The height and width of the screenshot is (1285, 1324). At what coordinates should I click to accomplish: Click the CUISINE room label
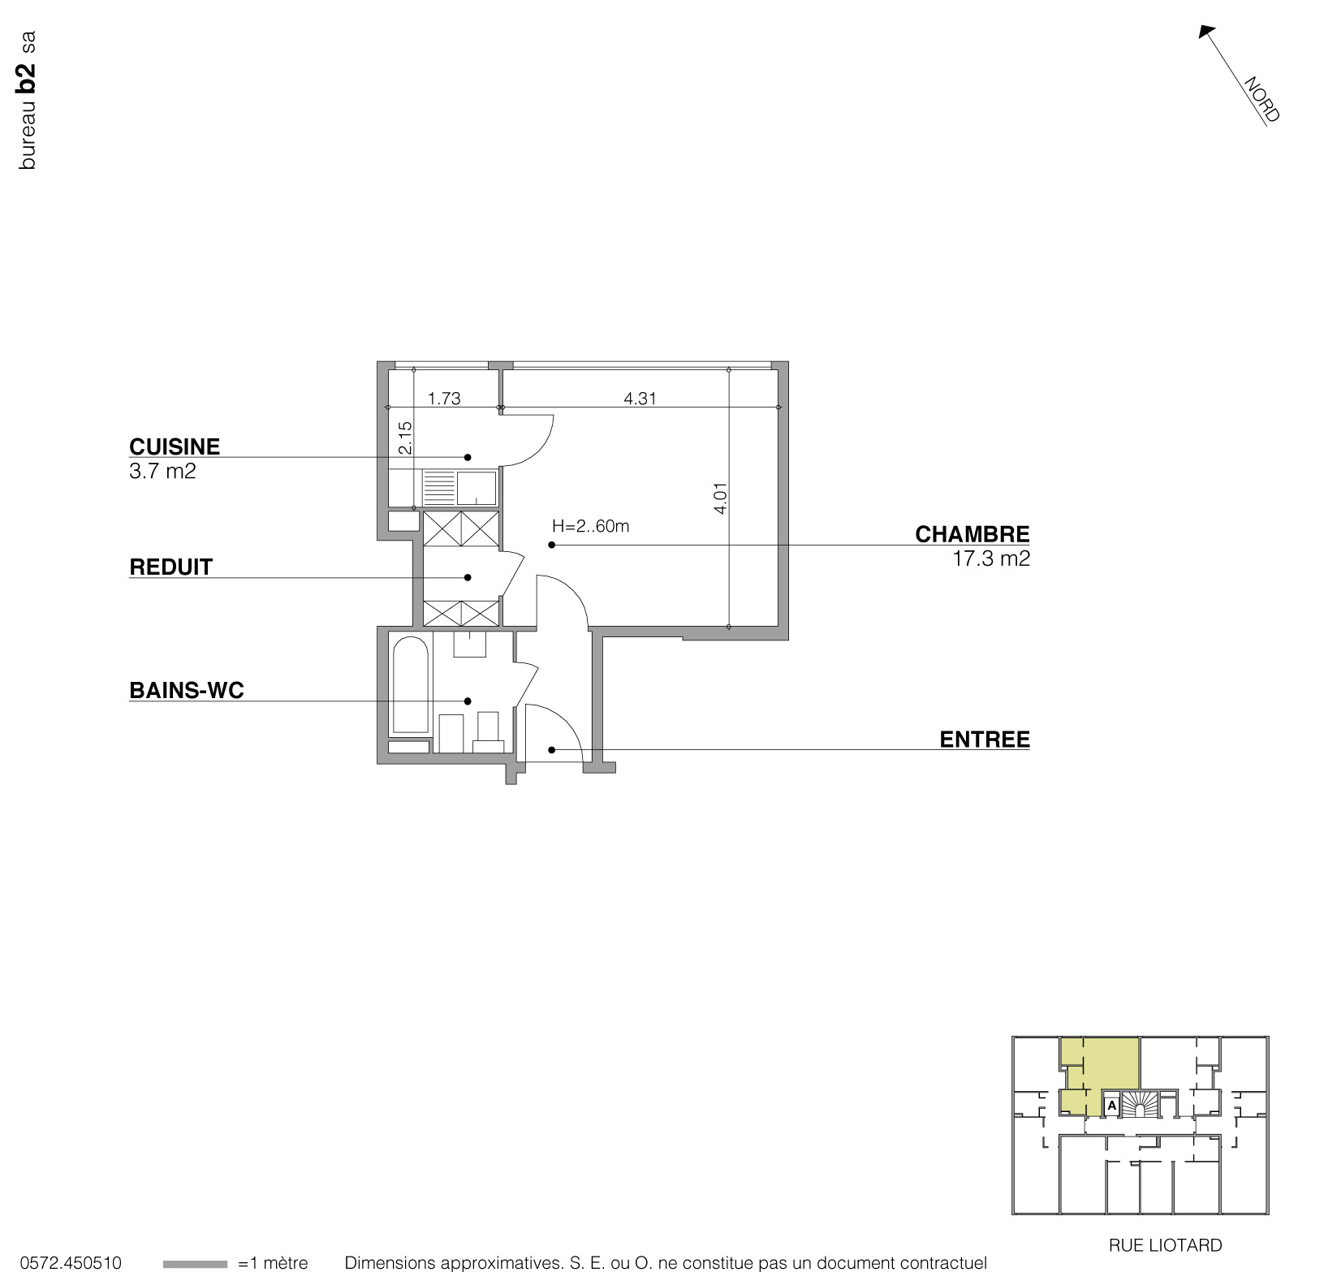coord(175,446)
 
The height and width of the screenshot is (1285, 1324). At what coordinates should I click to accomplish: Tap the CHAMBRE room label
coord(973,534)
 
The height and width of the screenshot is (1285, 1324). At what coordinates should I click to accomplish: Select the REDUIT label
coord(171,567)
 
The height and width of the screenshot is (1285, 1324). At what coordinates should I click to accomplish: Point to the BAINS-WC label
coord(187,690)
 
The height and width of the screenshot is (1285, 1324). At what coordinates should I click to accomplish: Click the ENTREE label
coord(985,740)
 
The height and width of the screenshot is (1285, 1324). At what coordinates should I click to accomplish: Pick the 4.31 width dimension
coord(640,398)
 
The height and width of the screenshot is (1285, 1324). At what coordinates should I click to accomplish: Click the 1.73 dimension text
coord(444,398)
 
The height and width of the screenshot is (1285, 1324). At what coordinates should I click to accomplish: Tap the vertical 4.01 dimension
coord(720,498)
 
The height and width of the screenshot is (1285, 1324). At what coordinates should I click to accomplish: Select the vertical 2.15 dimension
coord(405,438)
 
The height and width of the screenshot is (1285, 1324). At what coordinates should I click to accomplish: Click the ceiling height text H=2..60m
coord(590,526)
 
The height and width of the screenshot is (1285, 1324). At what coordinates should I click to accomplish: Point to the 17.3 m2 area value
coord(991,558)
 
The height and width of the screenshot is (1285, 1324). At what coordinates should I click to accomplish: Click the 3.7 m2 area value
coord(162,471)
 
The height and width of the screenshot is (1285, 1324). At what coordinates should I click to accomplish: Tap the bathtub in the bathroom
coord(411,686)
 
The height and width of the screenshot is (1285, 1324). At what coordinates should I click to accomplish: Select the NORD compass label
coord(1261,100)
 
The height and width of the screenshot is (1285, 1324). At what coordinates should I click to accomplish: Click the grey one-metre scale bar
coord(195,1264)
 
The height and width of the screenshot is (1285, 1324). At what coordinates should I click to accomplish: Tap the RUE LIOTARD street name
coord(1165,1245)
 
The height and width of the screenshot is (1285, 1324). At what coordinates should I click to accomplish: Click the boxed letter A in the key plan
coord(1111,1105)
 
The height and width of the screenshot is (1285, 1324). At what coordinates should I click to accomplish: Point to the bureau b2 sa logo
coord(28,100)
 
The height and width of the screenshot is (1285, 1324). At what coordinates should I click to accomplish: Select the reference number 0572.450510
coord(71,1263)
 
